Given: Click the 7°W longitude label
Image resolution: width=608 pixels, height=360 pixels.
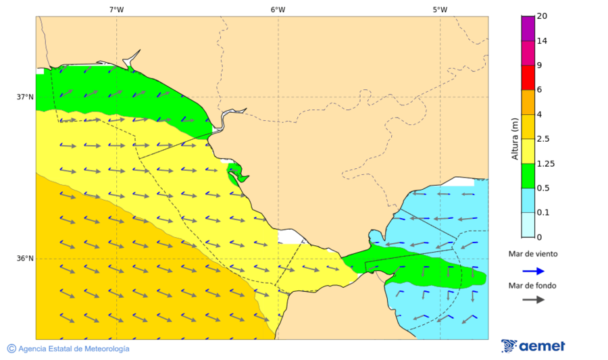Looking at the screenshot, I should click(x=116, y=9).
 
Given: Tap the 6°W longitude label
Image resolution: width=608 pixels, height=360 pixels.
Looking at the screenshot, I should click(x=278, y=9).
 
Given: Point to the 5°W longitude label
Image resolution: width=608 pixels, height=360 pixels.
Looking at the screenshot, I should click(x=440, y=9).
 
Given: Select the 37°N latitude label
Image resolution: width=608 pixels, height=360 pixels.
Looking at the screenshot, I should click(x=25, y=97).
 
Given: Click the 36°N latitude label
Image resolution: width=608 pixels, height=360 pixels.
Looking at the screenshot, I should click(x=25, y=259).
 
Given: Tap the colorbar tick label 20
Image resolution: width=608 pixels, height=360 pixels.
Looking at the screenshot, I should click(x=541, y=16).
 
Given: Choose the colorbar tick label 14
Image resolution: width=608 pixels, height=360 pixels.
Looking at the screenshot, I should click(x=541, y=41).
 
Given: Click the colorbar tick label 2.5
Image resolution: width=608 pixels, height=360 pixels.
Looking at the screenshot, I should click(x=542, y=139).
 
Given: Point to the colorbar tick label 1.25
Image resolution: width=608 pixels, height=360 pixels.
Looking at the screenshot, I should click(x=544, y=163).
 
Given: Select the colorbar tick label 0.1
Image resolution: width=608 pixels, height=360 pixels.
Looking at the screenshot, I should click(x=542, y=213).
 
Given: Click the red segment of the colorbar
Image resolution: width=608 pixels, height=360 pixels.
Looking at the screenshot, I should click(x=528, y=77).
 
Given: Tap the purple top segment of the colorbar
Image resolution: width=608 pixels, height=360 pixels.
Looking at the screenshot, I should click(x=528, y=28).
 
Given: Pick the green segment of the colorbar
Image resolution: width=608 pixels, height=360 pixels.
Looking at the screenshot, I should click(x=528, y=176).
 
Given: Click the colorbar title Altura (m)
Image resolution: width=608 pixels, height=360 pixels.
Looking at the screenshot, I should click(x=515, y=138).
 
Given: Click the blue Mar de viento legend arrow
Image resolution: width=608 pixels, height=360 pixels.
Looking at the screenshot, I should click(x=533, y=271).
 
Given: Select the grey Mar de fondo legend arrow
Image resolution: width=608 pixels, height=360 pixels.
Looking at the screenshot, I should click(x=533, y=299).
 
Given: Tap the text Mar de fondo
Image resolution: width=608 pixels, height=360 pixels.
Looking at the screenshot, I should click(x=533, y=286).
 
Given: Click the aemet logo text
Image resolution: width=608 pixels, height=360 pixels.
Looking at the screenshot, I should click(x=542, y=346).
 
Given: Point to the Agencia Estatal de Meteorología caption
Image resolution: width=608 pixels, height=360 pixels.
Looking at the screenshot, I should click(x=74, y=349).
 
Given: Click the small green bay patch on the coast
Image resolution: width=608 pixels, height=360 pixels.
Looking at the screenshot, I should click(x=235, y=173).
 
